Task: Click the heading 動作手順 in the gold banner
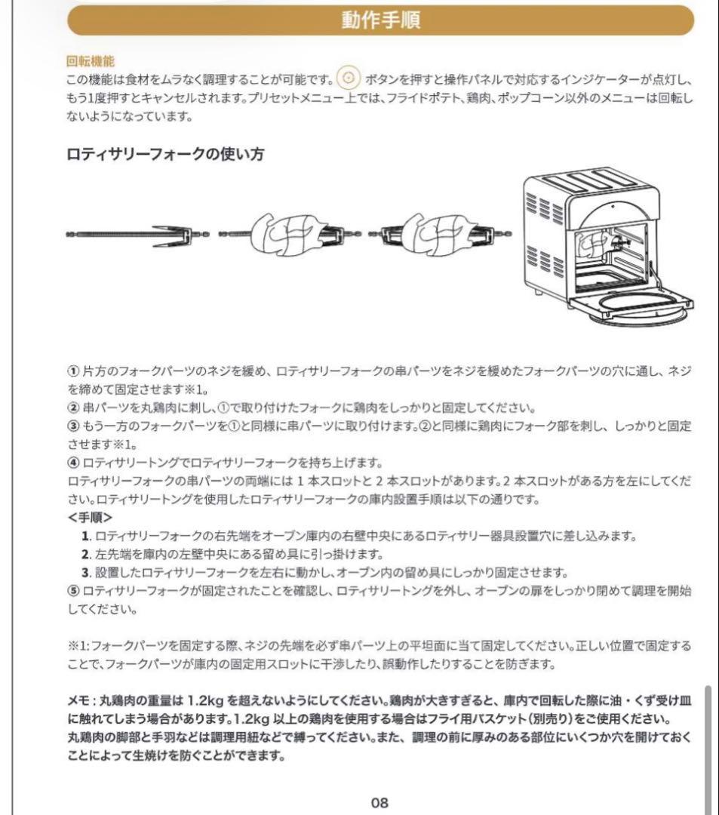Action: click(379, 20)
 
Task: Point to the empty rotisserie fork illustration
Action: click(136, 235)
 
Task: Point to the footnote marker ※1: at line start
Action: click(79, 646)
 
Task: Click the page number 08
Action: click(379, 802)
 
